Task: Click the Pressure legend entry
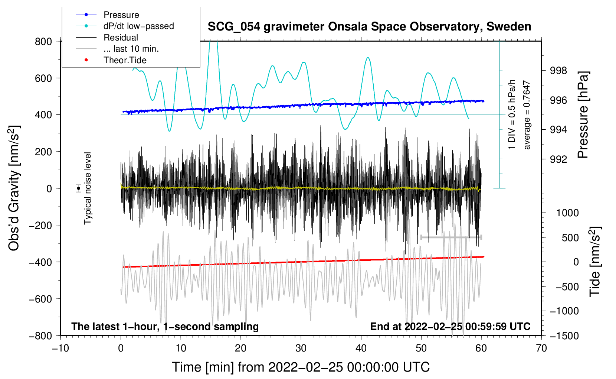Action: pos(121,15)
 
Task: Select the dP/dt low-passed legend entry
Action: pos(138,26)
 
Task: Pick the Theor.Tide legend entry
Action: pos(125,60)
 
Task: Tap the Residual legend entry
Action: pos(121,38)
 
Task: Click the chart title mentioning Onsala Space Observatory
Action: pos(369,27)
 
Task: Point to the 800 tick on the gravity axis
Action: pos(43,41)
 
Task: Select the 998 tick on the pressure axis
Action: pos(558,71)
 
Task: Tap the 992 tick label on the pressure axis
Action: pos(558,159)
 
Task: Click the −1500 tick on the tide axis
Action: pos(564,336)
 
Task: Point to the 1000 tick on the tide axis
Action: pos(567,213)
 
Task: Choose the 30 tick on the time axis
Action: pos(301,348)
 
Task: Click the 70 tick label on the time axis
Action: pos(541,348)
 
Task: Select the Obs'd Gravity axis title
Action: pos(14,188)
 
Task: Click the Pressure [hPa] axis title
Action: pos(583,115)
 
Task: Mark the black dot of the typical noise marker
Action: pos(79,188)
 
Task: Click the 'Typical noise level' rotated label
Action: pos(88,188)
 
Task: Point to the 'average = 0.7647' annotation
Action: pos(527,115)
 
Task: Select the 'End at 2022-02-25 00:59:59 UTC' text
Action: pos(450,326)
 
